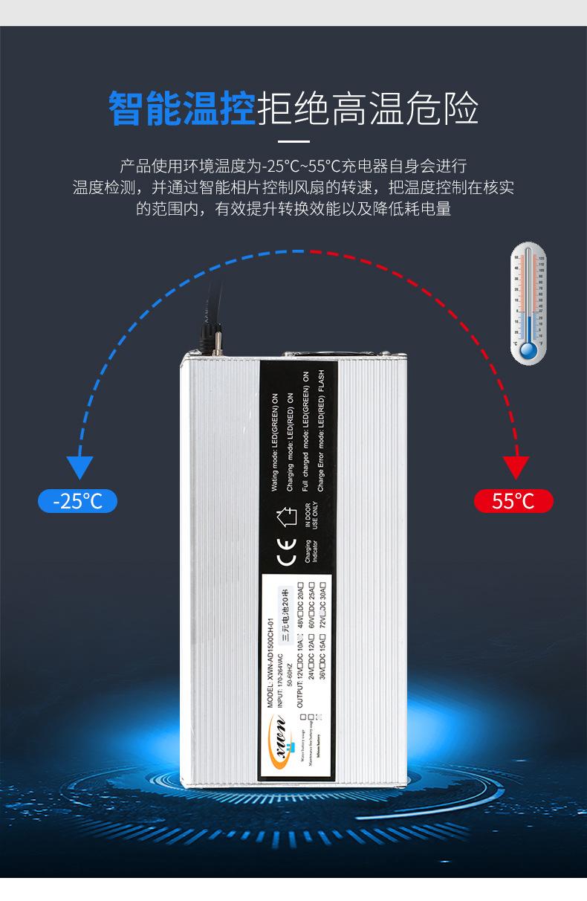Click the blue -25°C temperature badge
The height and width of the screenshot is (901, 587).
(77, 500)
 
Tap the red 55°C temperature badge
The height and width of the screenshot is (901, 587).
(513, 500)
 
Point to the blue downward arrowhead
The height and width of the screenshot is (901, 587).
(79, 467)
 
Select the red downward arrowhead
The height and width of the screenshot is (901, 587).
(516, 467)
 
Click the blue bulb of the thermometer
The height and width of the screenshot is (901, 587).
(528, 349)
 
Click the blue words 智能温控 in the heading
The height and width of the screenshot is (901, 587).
(182, 109)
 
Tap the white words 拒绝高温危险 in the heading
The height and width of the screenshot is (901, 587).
(367, 109)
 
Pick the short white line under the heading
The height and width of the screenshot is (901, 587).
(293, 141)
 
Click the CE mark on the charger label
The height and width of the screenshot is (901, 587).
(285, 557)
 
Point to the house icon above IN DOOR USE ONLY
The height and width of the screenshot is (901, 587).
(285, 515)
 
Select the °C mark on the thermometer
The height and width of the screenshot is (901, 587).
(515, 345)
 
